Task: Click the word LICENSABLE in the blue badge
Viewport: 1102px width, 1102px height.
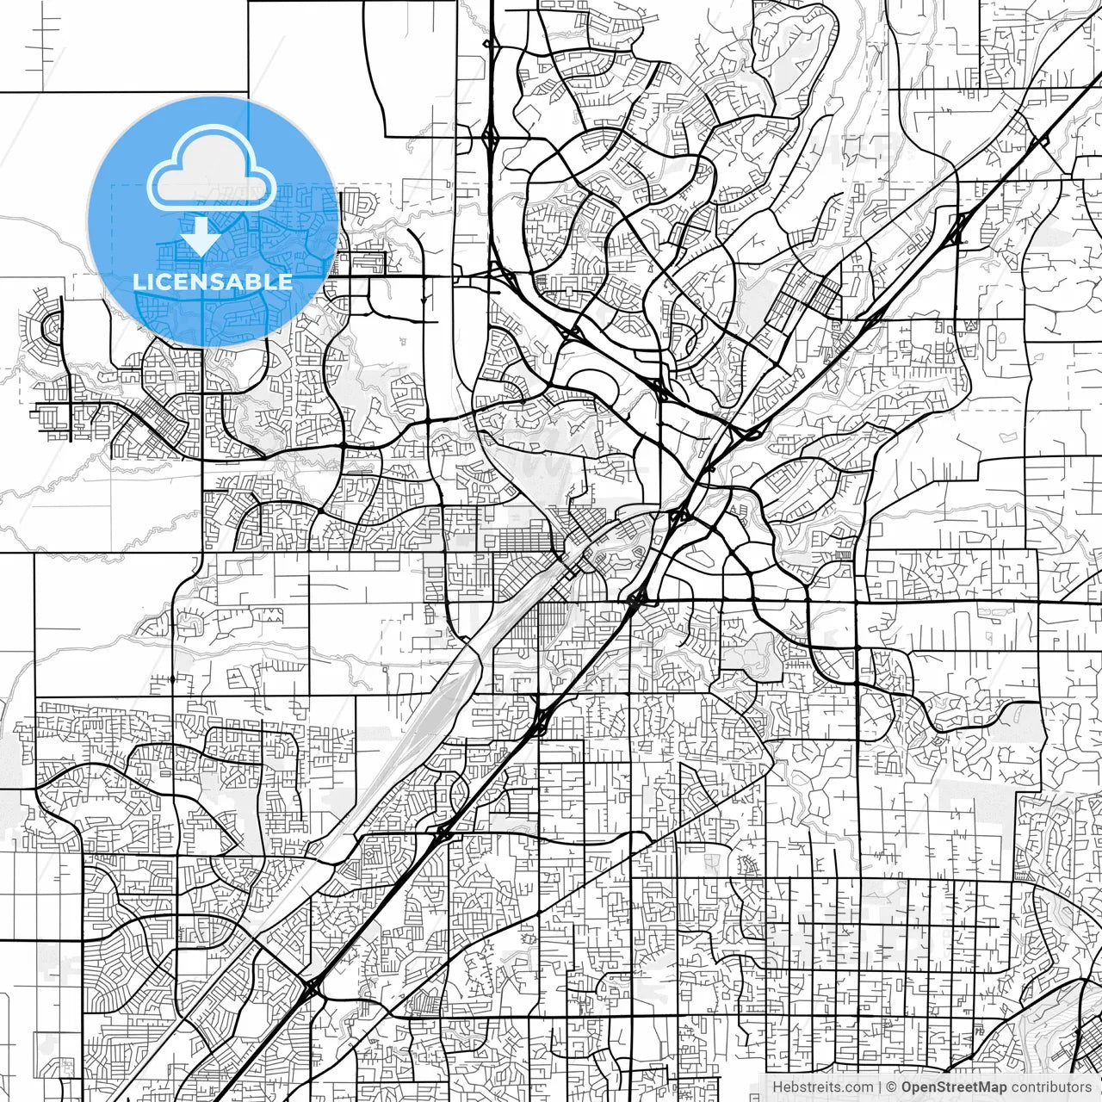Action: (x=213, y=282)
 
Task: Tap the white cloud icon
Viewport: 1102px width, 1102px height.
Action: (x=212, y=172)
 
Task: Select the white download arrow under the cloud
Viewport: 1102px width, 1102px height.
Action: (x=200, y=235)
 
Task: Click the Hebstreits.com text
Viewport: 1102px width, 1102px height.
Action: (x=822, y=1087)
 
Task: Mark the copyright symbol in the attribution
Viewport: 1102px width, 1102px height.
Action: (x=892, y=1087)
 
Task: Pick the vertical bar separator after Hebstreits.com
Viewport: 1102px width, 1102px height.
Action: (x=878, y=1087)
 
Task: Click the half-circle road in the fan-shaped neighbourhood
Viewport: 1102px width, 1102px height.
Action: (x=52, y=327)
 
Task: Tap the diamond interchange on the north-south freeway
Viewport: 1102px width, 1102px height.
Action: (x=491, y=136)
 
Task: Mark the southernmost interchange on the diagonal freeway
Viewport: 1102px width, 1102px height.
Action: (x=310, y=987)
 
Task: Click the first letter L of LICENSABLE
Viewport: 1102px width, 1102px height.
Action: (x=139, y=282)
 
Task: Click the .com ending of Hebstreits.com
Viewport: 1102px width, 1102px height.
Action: (x=857, y=1087)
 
